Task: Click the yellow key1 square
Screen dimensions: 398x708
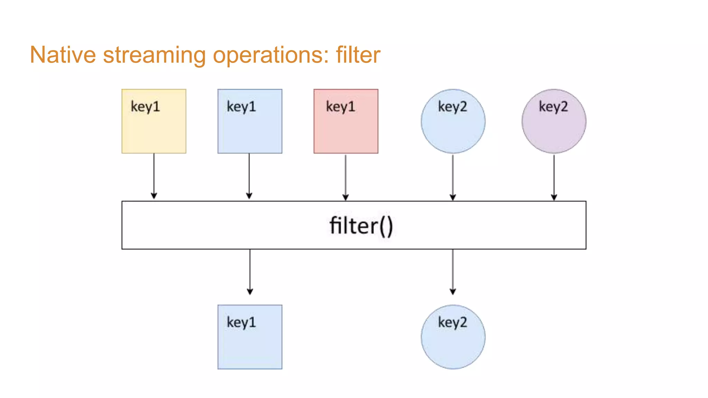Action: pos(154,128)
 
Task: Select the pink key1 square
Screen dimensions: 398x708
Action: pos(346,128)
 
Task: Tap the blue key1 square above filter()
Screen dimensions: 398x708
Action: pos(250,128)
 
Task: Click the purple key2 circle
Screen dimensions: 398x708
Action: pos(554,128)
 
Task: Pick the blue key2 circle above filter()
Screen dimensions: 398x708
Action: pos(453,128)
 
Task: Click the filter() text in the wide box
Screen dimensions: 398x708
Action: pos(361,226)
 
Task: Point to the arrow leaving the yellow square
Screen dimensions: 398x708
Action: pos(154,176)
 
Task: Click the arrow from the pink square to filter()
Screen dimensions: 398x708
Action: pos(345,177)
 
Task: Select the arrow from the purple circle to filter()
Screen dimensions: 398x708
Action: pos(554,177)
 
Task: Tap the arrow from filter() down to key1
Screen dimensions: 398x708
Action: pos(250,272)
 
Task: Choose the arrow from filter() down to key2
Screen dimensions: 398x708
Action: pos(453,272)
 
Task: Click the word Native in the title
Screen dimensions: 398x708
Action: pos(63,55)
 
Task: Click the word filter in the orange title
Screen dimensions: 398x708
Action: pos(358,55)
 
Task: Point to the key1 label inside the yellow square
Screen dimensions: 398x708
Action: pos(145,107)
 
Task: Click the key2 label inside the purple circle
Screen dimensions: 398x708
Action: pos(553,107)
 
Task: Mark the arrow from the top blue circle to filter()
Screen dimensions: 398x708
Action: pos(453,177)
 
